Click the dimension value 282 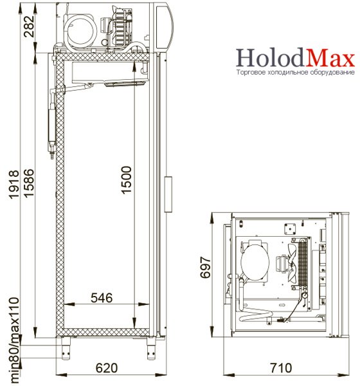(x=30, y=26)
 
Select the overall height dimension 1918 (x=14, y=184)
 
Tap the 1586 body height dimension (x=29, y=183)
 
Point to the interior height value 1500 (x=127, y=180)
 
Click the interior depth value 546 (x=102, y=298)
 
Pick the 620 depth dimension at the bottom (x=107, y=368)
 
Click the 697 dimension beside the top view (x=206, y=268)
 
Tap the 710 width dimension (x=281, y=368)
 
